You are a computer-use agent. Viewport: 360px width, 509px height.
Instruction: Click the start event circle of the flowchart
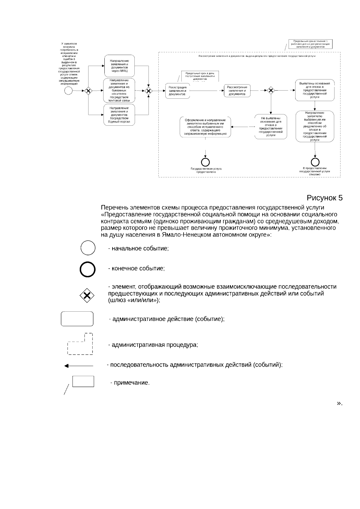[x=69, y=90]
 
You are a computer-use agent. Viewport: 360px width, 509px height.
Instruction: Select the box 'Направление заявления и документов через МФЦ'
[x=119, y=66]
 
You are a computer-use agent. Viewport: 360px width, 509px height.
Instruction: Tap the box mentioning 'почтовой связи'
[x=119, y=90]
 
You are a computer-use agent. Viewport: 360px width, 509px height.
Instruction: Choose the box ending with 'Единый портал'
[x=119, y=115]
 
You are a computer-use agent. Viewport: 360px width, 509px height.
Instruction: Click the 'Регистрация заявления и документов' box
[x=177, y=91]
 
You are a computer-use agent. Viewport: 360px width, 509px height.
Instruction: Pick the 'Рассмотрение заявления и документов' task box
[x=237, y=91]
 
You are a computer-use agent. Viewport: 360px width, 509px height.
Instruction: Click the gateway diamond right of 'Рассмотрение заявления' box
[x=271, y=90]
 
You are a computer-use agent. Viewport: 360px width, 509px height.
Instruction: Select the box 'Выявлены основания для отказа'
[x=314, y=90]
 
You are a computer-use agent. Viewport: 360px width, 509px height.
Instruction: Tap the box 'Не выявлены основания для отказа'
[x=271, y=127]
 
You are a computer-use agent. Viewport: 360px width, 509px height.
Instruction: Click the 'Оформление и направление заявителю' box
[x=205, y=127]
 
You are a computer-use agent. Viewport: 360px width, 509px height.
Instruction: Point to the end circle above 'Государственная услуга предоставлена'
[x=205, y=162]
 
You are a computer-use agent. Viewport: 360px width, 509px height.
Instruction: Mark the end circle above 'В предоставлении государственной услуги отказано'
[x=315, y=162]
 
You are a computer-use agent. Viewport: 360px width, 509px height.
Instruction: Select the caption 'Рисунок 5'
[x=324, y=198]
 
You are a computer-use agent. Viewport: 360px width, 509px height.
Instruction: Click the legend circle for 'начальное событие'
[x=88, y=248]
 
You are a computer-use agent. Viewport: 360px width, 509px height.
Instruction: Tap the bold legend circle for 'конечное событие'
[x=88, y=269]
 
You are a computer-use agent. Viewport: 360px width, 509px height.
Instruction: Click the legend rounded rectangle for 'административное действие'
[x=77, y=319]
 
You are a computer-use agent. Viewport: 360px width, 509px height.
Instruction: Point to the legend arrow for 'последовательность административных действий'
[x=79, y=366]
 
